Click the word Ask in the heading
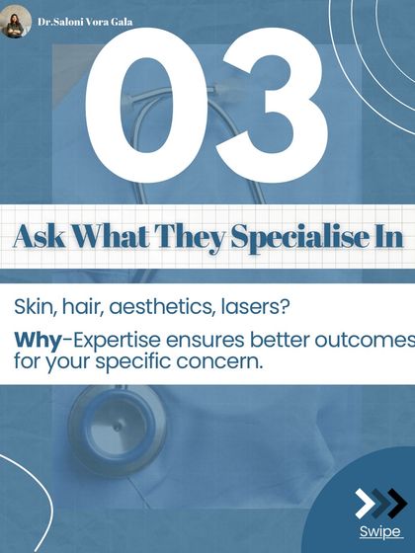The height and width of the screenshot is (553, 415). [41, 238]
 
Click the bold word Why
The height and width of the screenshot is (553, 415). [37, 341]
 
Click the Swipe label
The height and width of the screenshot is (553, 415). [379, 533]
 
